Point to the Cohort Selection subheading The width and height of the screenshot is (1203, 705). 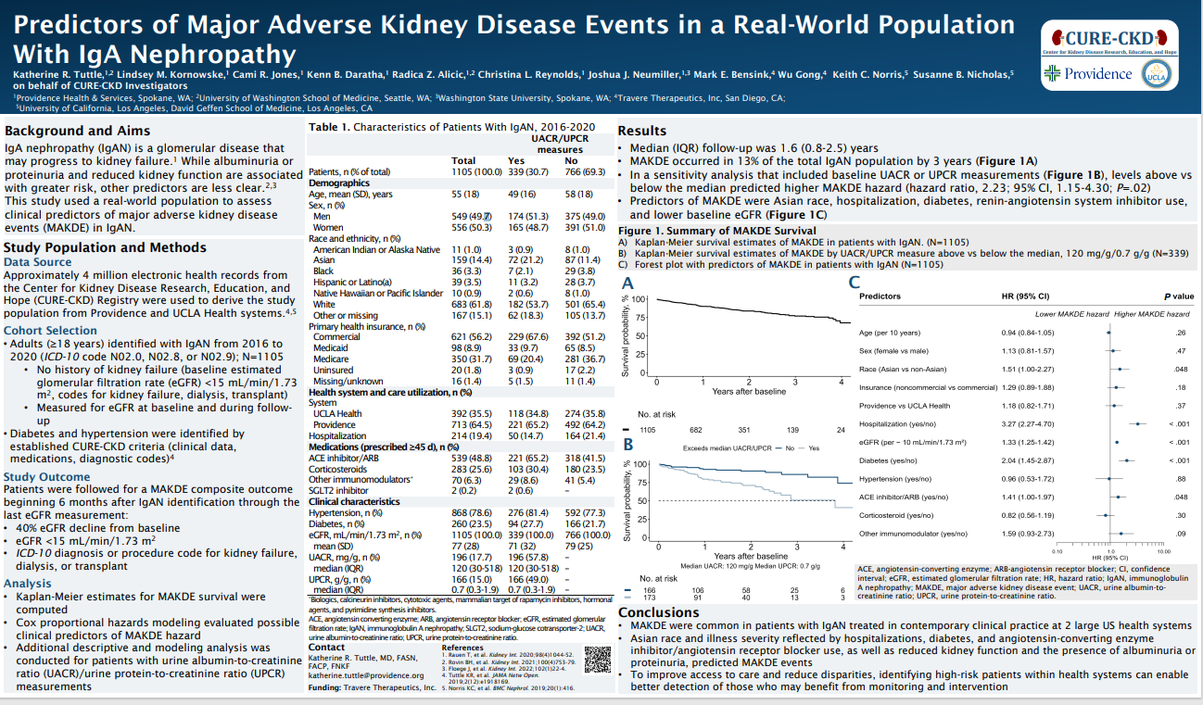[50, 331]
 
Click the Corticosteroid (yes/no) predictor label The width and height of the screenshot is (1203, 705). [895, 514]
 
